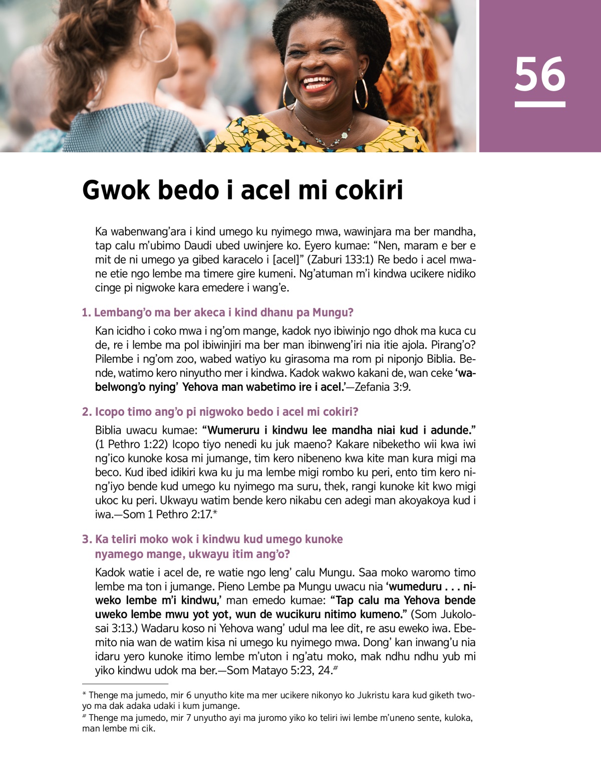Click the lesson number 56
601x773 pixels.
click(x=539, y=74)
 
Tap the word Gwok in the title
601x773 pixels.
click(x=116, y=190)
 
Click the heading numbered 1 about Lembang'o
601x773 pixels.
click(x=218, y=313)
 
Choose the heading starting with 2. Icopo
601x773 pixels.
click(x=220, y=412)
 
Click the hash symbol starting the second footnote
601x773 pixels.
click(x=84, y=717)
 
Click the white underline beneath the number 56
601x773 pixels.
click(x=539, y=104)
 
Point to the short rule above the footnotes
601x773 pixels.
click(x=125, y=684)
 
